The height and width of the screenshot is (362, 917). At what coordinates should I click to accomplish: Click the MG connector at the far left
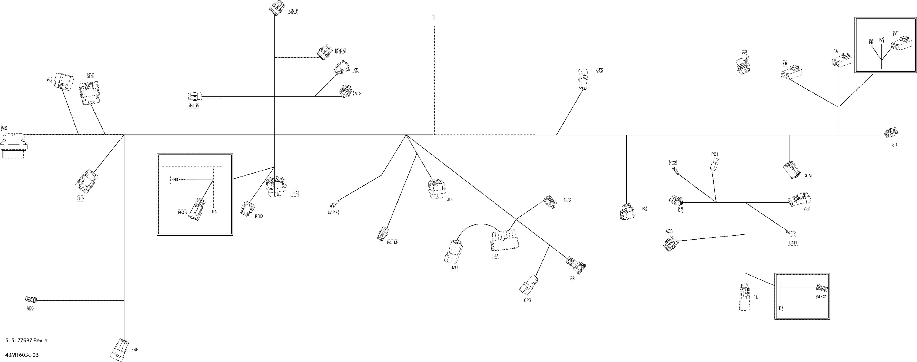point(14,145)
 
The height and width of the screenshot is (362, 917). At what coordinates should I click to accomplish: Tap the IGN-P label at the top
point(293,11)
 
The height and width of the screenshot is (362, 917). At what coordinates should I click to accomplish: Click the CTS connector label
point(599,70)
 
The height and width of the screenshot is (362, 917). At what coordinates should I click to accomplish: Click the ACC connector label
point(30,308)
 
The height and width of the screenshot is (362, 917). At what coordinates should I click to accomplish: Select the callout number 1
point(433,17)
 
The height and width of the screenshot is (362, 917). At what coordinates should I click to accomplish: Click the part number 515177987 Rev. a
point(26,340)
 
